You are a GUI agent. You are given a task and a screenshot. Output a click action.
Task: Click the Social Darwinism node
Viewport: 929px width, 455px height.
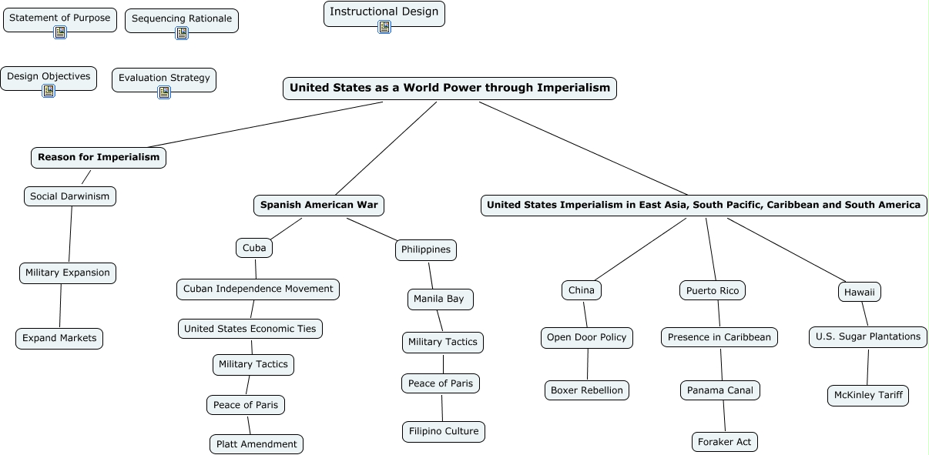(70, 196)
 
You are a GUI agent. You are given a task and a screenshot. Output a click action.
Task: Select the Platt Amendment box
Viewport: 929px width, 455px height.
(257, 444)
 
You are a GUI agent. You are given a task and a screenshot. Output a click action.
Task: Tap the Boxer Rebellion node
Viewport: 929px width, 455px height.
(587, 390)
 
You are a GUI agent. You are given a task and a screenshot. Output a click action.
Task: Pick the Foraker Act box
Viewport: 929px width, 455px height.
(725, 442)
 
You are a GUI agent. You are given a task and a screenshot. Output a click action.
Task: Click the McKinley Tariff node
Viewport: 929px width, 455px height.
(868, 396)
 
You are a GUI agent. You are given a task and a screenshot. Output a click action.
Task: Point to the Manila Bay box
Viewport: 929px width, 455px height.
(439, 299)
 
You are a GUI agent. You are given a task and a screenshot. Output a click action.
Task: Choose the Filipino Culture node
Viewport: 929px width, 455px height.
(444, 431)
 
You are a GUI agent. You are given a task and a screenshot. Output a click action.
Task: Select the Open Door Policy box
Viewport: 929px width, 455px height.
(587, 337)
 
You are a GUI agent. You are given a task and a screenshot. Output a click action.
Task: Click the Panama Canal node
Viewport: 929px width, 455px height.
(720, 390)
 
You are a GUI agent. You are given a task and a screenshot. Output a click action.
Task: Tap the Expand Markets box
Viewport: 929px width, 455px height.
(59, 339)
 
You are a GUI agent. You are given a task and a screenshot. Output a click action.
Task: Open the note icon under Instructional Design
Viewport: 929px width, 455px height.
(384, 27)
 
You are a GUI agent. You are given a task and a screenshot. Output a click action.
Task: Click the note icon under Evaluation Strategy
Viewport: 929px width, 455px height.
(164, 92)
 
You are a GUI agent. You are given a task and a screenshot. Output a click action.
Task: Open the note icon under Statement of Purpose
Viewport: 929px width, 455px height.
(60, 32)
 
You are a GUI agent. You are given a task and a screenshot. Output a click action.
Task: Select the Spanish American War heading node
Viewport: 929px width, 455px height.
(319, 205)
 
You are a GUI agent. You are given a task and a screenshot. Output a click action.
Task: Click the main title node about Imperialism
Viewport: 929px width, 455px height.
(450, 89)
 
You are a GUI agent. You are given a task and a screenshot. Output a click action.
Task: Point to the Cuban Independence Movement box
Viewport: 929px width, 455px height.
(258, 289)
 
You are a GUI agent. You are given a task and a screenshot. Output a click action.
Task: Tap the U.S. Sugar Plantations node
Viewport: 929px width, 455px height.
(868, 336)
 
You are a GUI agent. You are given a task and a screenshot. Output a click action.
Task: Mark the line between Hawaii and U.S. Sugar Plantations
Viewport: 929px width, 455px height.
(864, 314)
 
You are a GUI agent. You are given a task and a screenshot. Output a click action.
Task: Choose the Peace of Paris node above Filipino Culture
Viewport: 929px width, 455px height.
(441, 383)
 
